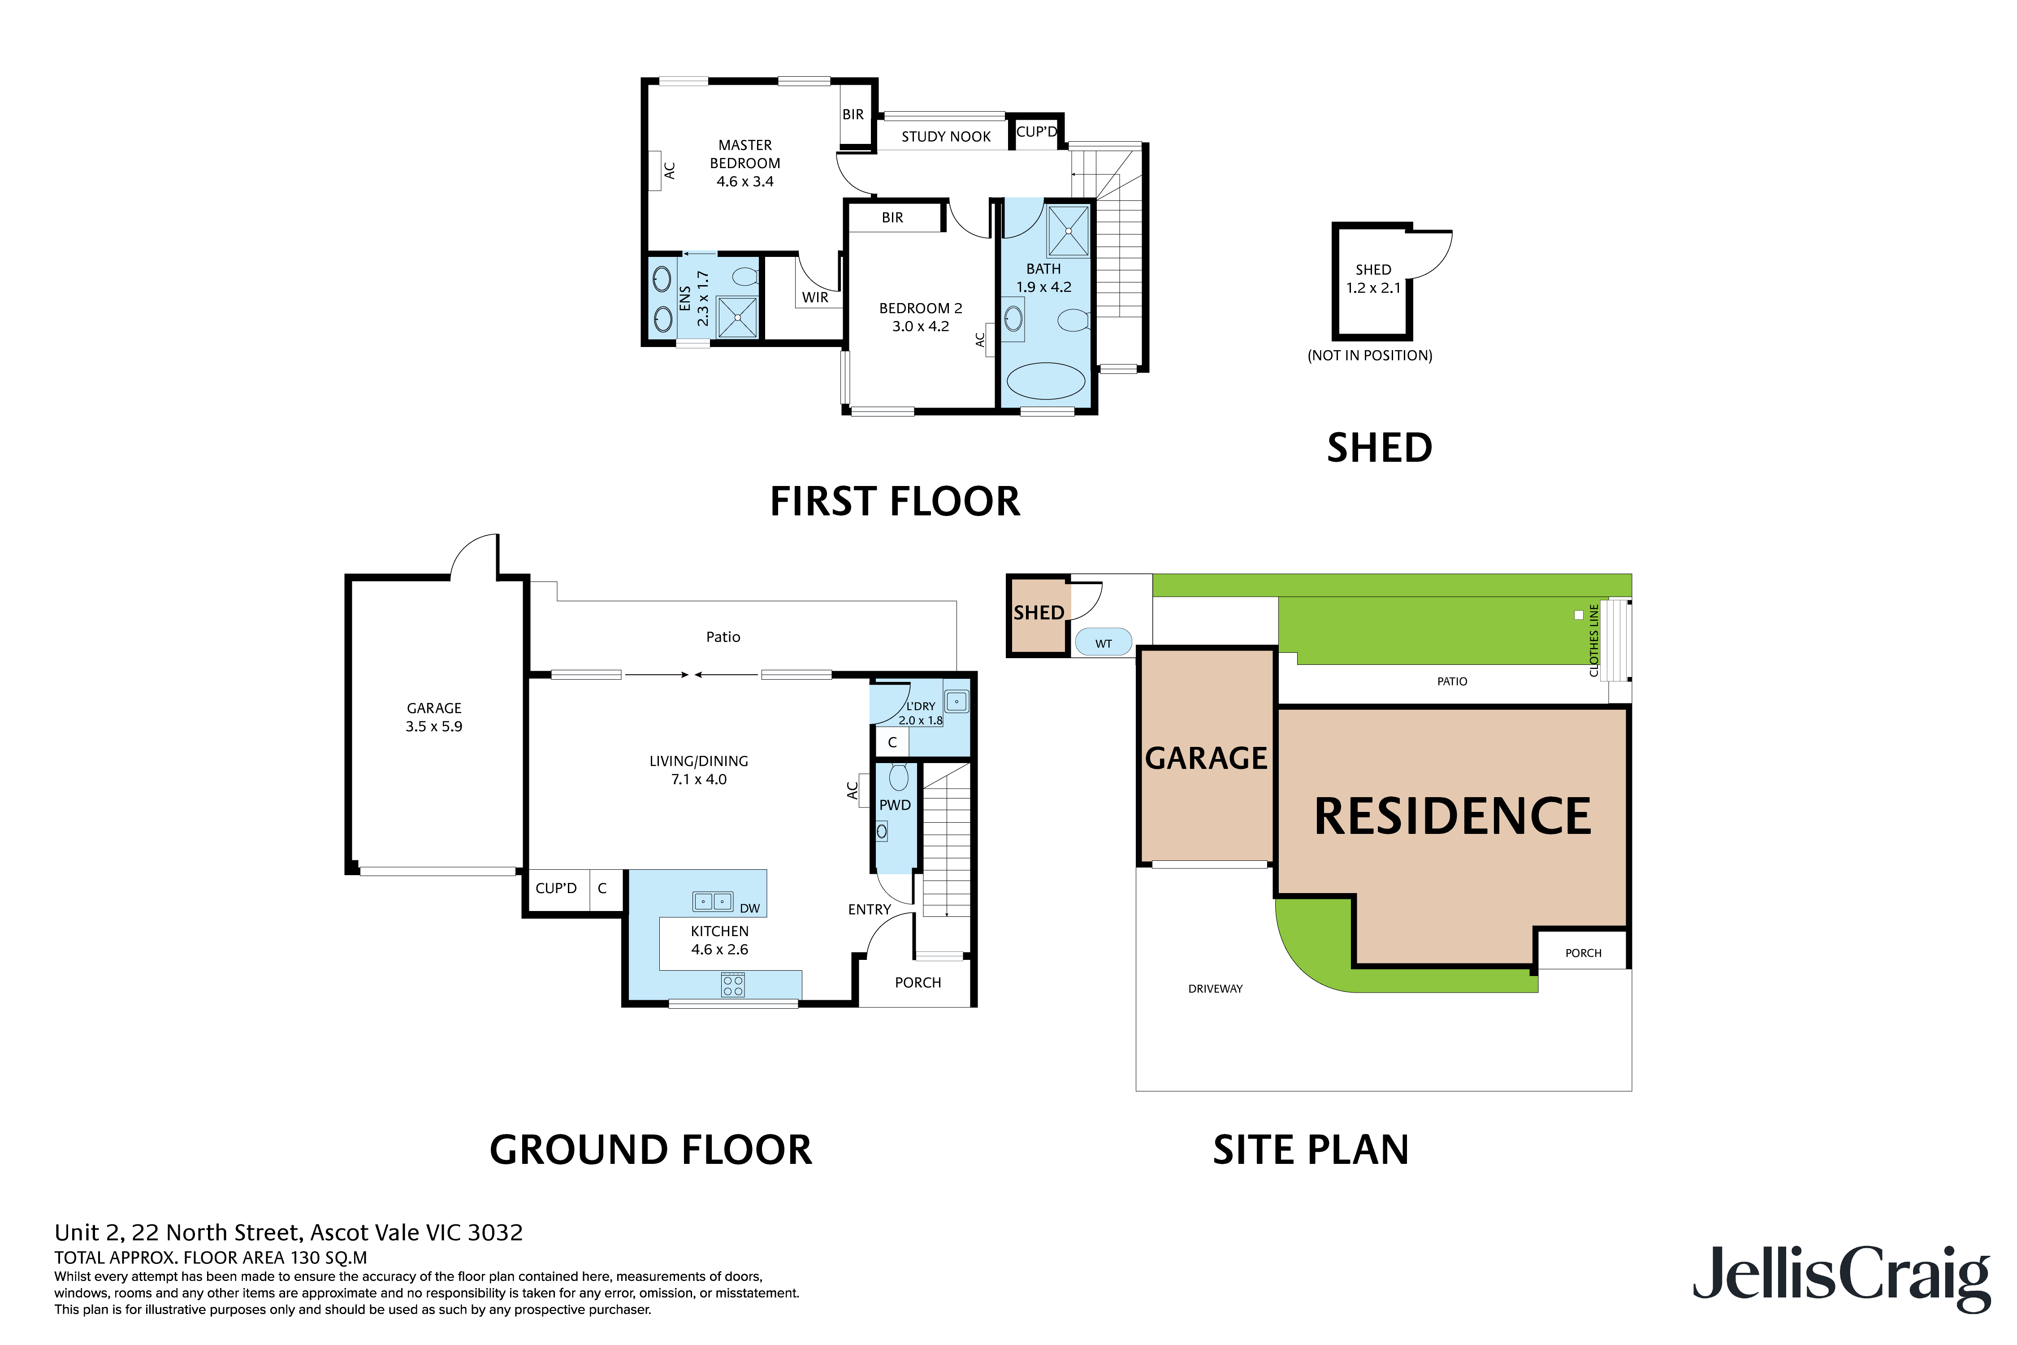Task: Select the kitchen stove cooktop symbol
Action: pyautogui.click(x=732, y=985)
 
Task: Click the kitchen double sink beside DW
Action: pyautogui.click(x=713, y=902)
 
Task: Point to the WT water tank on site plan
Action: pyautogui.click(x=1103, y=642)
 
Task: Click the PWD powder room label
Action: pyautogui.click(x=895, y=805)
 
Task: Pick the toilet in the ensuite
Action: pyautogui.click(x=745, y=276)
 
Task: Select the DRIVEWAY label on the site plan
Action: pyautogui.click(x=1214, y=988)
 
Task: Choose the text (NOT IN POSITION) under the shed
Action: pyautogui.click(x=1369, y=355)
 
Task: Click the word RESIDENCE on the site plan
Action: pyautogui.click(x=1452, y=816)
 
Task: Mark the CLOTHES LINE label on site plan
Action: pyautogui.click(x=1593, y=640)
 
